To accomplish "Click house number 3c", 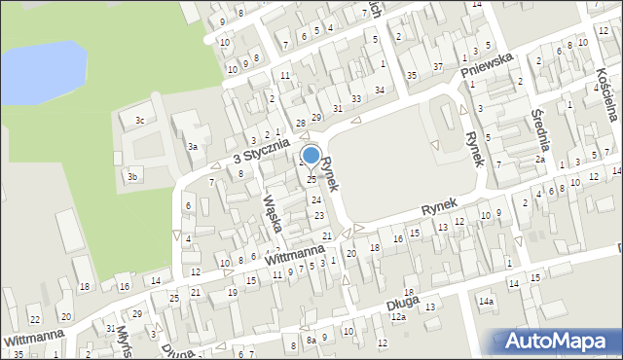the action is coord(140,121).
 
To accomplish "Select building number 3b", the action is coord(132,176).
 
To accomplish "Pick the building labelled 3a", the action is coord(194,147).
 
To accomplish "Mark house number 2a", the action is coord(539,159).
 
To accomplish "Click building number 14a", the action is coord(486,302).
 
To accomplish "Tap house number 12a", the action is coord(397,317).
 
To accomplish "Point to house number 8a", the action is coord(311,342).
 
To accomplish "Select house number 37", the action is coord(438,66).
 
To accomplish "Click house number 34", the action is coord(380,90).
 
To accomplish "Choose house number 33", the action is coord(356,98).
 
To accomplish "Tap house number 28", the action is coord(301,123).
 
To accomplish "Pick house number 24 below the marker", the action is coord(315,199).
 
